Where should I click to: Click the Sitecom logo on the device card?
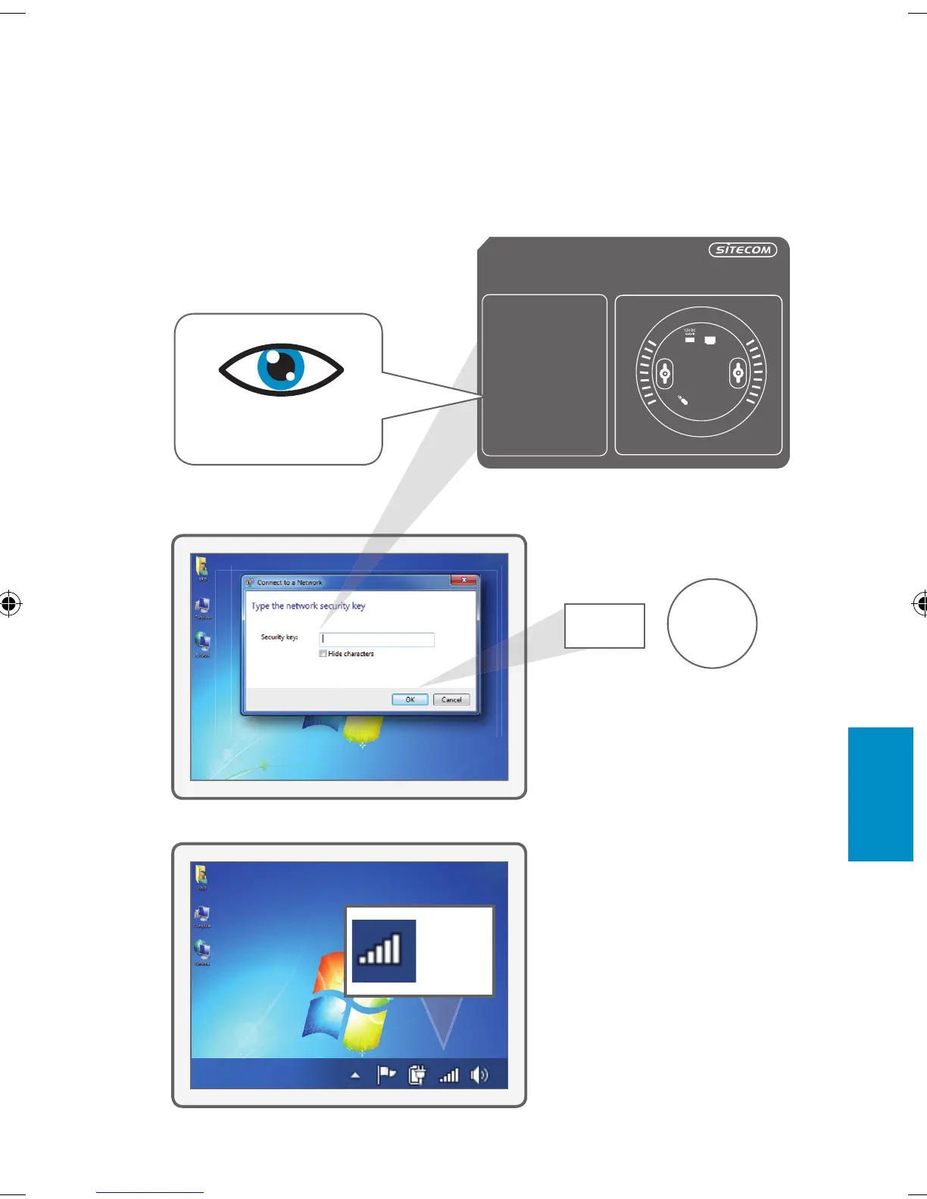742,250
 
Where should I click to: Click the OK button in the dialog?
410,699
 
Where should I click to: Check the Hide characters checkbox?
323,653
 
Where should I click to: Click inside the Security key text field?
376,640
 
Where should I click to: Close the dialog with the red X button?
463,580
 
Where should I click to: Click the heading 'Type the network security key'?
308,606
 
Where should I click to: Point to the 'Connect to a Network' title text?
289,582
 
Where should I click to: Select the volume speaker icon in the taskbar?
479,1075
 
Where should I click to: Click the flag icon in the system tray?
386,1075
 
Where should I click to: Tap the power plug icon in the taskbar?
417,1075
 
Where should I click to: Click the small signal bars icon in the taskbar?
449,1075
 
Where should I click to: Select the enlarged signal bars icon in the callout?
384,951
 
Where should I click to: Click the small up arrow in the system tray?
355,1076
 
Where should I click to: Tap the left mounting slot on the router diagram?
665,372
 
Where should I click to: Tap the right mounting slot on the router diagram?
738,372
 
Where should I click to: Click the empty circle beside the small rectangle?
712,624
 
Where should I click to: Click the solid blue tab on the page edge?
880,794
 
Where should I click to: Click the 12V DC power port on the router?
689,340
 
